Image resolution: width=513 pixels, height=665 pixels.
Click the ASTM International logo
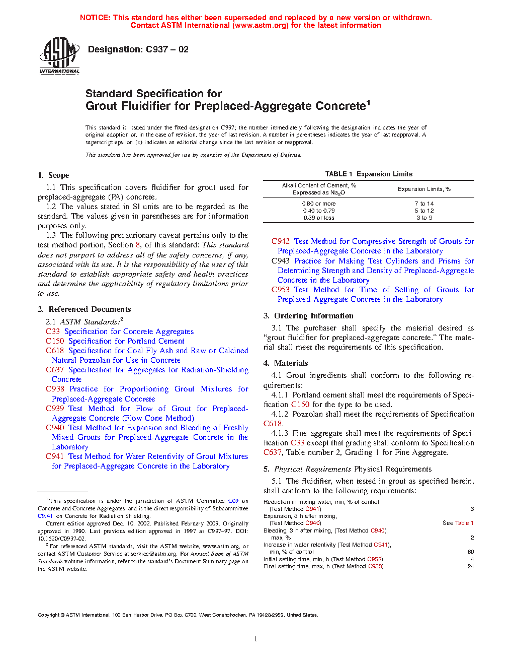pos(59,55)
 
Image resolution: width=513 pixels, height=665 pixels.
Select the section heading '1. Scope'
pos(53,175)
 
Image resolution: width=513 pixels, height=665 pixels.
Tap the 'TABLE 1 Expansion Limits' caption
pos(369,174)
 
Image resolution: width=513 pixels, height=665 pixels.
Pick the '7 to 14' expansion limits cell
pos(424,204)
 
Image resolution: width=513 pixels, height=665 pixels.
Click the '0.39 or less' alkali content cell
pos(318,218)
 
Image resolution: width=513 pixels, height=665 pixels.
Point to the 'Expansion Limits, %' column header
pos(424,189)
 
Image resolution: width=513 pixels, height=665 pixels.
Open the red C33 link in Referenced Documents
pos(52,331)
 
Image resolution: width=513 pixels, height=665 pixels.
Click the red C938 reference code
pos(55,389)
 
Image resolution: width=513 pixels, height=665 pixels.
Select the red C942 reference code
pos(281,241)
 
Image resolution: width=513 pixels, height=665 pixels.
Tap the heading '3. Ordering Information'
pos(308,316)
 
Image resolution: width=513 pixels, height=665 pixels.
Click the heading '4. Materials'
pos(286,363)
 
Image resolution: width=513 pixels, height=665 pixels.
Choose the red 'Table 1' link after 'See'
pos(464,523)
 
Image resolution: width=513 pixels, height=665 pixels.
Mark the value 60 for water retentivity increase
pos(471,552)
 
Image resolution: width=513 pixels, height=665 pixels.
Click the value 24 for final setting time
pos(471,566)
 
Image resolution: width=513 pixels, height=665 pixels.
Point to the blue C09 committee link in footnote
pos(233,501)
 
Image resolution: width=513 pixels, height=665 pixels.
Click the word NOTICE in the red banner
pos(95,18)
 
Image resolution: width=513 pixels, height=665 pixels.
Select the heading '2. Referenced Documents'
pos(84,309)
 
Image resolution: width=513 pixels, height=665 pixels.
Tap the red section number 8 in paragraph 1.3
pos(138,245)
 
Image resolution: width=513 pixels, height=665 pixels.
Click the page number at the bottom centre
pos(256,639)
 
